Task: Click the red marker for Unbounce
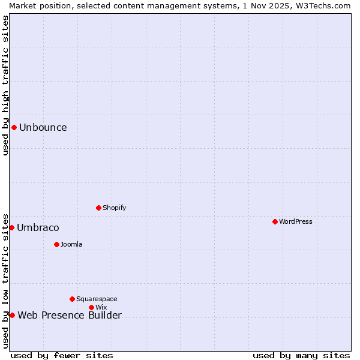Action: click(x=14, y=127)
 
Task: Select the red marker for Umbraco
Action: click(x=11, y=227)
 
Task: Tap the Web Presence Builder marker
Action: click(x=12, y=315)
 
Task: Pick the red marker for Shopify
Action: click(x=98, y=208)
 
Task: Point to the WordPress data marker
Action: click(x=275, y=221)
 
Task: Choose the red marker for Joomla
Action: click(x=56, y=244)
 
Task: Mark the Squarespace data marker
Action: click(x=72, y=299)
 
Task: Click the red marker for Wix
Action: click(x=91, y=307)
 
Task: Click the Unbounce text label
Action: click(x=43, y=127)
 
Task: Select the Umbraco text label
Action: click(x=38, y=227)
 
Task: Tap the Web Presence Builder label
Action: click(x=70, y=315)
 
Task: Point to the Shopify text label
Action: click(x=114, y=208)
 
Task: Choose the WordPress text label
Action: click(x=296, y=221)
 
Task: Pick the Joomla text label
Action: click(x=71, y=244)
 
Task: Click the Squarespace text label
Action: click(x=97, y=299)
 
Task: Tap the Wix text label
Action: click(x=101, y=307)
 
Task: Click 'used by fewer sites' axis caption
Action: click(x=62, y=355)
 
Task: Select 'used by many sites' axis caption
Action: click(x=301, y=355)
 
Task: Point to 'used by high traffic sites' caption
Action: click(x=5, y=85)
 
